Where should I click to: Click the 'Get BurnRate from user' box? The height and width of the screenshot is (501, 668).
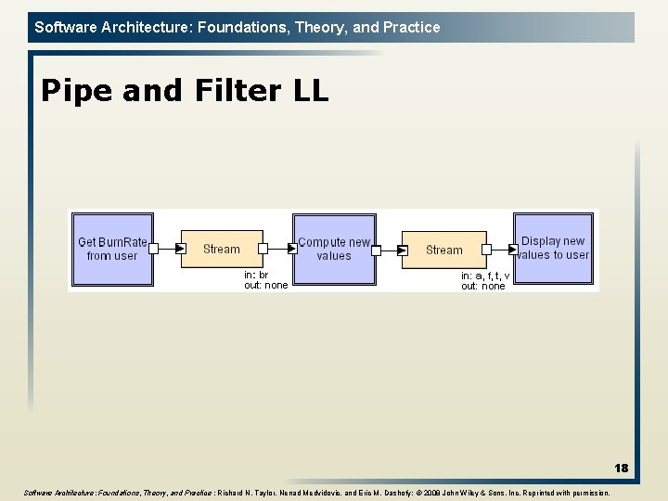[x=111, y=249]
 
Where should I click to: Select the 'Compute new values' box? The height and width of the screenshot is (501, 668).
[x=333, y=249]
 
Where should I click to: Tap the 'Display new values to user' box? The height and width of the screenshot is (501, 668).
[x=553, y=248]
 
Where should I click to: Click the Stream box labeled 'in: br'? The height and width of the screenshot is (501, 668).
[x=221, y=249]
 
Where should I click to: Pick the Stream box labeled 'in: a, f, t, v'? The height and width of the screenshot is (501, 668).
[x=443, y=250]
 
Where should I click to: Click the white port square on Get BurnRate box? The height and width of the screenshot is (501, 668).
[x=154, y=249]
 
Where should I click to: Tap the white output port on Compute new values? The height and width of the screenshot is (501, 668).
[x=377, y=249]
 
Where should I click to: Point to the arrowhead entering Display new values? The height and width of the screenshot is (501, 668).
[x=512, y=249]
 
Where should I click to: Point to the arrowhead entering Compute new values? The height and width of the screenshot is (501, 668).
[x=289, y=249]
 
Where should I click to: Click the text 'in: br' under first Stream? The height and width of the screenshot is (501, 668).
[x=256, y=276]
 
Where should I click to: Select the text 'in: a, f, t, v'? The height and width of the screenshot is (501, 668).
[x=485, y=276]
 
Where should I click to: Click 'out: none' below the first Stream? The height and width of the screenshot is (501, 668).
[x=265, y=286]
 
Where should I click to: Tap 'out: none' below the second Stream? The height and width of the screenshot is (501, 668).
[x=483, y=287]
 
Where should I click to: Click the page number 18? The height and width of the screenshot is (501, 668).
[x=621, y=469]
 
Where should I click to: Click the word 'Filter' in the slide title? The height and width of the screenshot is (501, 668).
[x=224, y=91]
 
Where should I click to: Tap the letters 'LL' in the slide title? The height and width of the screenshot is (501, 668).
[x=309, y=91]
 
